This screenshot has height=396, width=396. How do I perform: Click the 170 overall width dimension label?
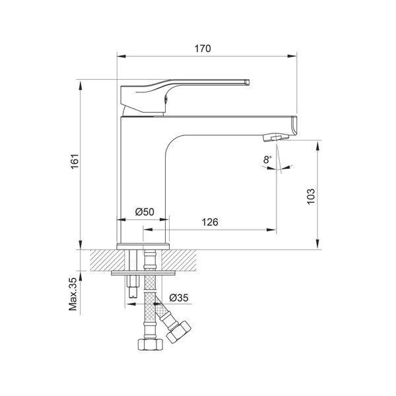click(203, 48)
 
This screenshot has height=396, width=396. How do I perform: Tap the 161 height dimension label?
click(75, 161)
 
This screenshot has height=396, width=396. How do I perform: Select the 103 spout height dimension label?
click(311, 196)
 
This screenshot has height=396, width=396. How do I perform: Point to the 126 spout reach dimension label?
click(210, 222)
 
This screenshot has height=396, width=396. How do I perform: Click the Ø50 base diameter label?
click(145, 212)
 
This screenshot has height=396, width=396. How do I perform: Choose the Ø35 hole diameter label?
click(179, 298)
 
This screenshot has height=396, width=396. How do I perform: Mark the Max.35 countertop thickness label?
click(73, 294)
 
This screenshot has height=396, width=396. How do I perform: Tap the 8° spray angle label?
click(267, 160)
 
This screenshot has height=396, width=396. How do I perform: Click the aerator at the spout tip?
click(276, 138)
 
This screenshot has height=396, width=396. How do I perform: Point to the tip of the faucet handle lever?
click(247, 82)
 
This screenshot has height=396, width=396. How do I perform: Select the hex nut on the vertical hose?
click(150, 345)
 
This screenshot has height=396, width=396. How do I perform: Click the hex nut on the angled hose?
click(178, 332)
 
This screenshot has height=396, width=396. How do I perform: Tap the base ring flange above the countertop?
click(143, 246)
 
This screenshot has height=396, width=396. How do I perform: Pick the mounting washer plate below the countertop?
click(143, 273)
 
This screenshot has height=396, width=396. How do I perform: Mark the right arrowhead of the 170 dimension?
click(292, 56)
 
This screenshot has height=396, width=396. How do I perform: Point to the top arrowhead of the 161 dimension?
click(81, 85)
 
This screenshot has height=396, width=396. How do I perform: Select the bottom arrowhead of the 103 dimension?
click(317, 245)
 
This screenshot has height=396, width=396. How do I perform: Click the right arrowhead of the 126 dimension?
click(272, 230)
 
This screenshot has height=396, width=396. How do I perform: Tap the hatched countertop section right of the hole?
click(179, 261)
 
